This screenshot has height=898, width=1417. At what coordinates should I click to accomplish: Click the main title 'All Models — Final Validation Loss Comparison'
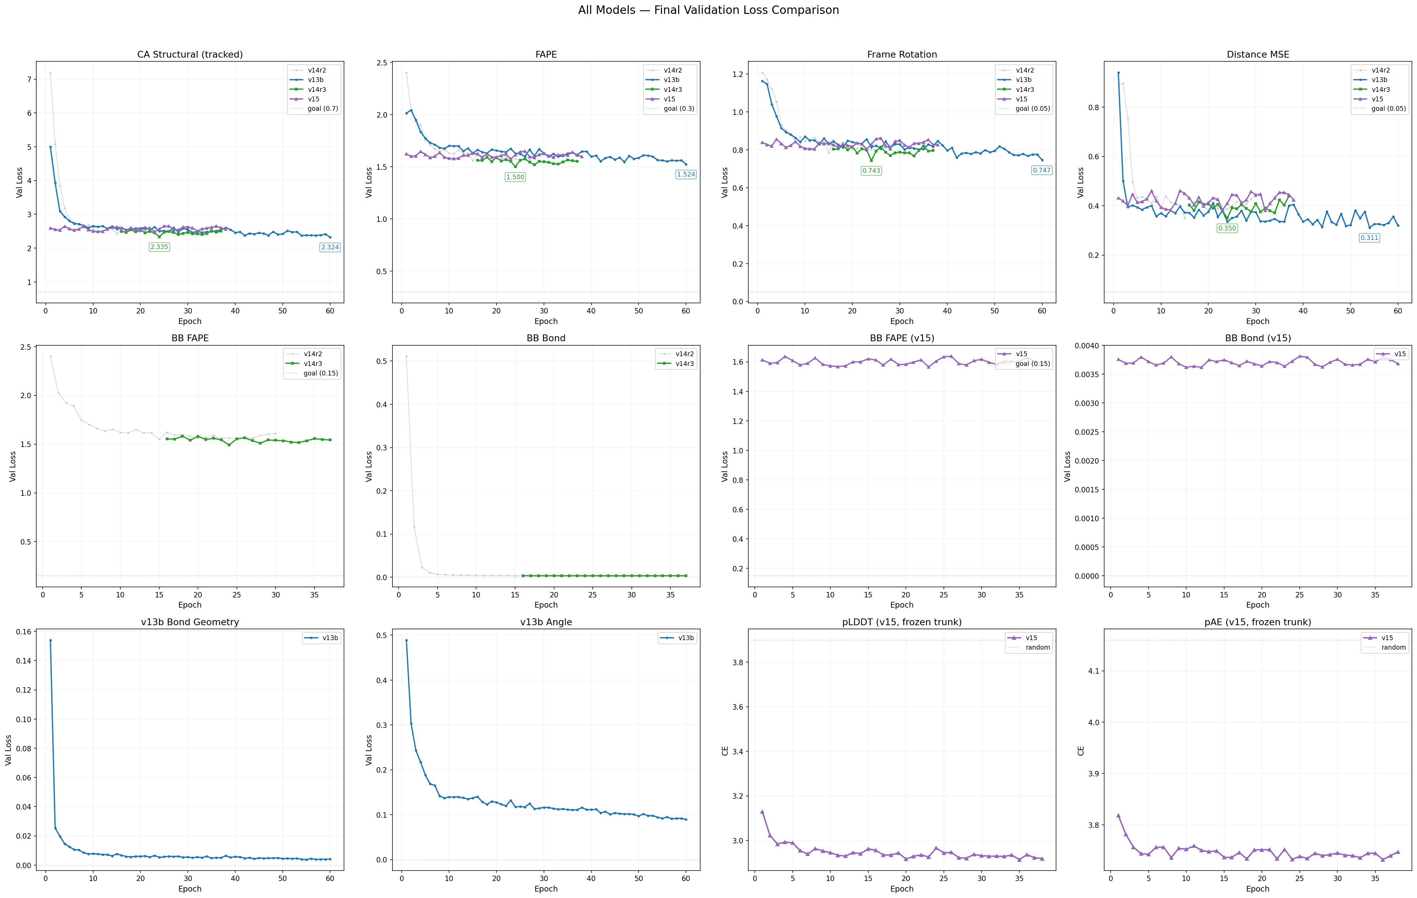click(x=708, y=10)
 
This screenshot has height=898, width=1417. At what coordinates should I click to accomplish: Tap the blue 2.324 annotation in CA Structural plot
click(x=329, y=247)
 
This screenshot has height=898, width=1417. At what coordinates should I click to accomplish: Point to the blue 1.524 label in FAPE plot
click(x=686, y=174)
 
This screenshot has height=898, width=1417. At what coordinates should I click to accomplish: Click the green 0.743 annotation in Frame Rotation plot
click(x=871, y=171)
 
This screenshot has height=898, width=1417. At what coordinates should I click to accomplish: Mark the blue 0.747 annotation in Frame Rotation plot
click(x=1041, y=170)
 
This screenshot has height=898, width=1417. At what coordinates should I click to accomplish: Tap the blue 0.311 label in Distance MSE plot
click(x=1369, y=238)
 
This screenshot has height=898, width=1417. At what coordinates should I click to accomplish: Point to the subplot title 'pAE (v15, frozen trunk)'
click(x=1257, y=622)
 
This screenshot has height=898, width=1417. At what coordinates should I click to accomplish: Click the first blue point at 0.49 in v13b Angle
click(x=406, y=640)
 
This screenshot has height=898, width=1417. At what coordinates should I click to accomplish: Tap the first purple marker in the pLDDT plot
click(x=762, y=812)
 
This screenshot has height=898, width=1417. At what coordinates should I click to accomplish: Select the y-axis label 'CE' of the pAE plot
click(x=1080, y=751)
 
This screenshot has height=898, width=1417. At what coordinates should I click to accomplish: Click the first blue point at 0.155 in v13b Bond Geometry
click(x=50, y=640)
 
